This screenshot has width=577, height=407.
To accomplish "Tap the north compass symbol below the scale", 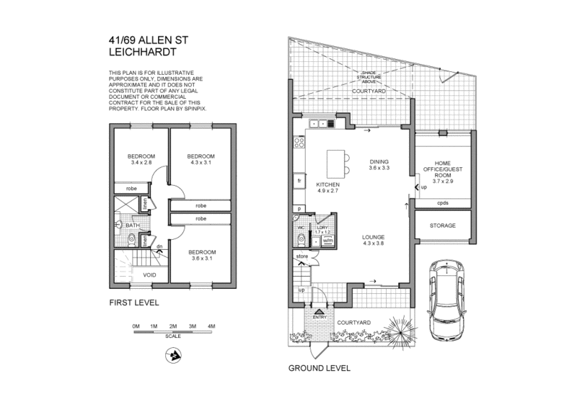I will coord(173,354).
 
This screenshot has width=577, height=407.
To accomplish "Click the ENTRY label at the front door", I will coord(320,316).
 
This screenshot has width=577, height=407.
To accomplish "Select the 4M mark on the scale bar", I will coord(211,326).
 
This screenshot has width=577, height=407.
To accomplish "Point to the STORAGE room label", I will coord(443,225).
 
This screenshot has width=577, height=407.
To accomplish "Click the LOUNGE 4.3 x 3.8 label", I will coord(373,241).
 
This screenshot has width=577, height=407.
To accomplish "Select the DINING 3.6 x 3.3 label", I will coord(379,165).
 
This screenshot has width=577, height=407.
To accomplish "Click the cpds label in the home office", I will coord(443,203).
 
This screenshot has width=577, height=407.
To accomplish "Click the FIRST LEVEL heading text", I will coord(133,303).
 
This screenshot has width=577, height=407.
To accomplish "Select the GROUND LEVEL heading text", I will coord(320,367).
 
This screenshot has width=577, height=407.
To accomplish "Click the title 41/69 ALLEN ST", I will coord(143,43).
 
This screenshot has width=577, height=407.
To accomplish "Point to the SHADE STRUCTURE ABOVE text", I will coord(369,78).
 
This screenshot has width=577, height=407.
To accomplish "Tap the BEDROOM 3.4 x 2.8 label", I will coord(141,160).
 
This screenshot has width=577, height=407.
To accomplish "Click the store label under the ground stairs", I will coord(301,255).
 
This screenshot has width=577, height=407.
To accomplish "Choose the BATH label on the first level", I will coord(133,225).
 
